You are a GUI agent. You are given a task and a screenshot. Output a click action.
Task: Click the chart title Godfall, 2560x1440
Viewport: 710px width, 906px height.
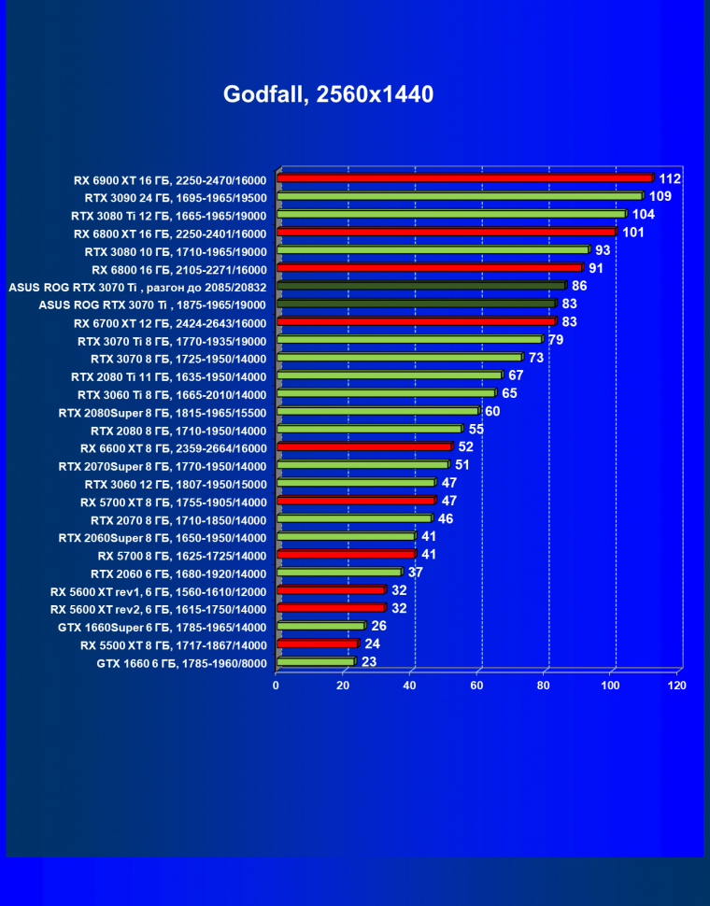tap(328, 94)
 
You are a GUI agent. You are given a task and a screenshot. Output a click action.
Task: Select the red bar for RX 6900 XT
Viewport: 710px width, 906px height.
tap(464, 178)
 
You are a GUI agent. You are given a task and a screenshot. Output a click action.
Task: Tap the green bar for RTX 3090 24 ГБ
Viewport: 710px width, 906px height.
tap(460, 196)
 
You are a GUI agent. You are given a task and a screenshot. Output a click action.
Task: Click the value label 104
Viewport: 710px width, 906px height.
tap(643, 214)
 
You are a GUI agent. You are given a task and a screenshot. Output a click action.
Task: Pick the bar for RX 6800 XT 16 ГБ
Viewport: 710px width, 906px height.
tap(447, 232)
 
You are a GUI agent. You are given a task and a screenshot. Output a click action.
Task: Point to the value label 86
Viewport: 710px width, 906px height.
tap(579, 285)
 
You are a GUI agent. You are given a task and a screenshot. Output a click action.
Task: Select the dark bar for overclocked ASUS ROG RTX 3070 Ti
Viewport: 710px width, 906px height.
tap(421, 285)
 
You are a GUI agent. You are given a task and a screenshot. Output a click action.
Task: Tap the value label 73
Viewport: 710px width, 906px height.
tap(536, 357)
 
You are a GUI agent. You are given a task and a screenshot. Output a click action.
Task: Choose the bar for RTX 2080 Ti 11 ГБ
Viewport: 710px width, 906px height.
tap(390, 375)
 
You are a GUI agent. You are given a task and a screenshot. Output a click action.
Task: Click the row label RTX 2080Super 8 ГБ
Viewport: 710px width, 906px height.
tap(163, 412)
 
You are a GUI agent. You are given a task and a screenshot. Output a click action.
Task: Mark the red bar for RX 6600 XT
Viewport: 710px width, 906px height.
tap(364, 447)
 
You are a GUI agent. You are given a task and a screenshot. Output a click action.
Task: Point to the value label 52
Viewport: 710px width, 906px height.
tap(465, 446)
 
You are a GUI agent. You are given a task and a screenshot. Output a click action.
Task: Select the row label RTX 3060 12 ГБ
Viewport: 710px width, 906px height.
tap(176, 484)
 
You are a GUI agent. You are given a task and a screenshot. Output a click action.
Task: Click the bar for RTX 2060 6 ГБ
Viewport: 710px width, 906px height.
tap(339, 573)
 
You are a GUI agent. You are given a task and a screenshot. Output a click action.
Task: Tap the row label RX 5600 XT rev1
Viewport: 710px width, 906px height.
tap(159, 591)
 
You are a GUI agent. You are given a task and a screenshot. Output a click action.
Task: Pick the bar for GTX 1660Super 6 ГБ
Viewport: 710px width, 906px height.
tap(320, 626)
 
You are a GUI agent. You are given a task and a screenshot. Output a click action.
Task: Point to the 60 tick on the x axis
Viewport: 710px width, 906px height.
tap(476, 686)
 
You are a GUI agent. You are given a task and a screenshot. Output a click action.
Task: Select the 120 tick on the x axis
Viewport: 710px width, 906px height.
tap(677, 686)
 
